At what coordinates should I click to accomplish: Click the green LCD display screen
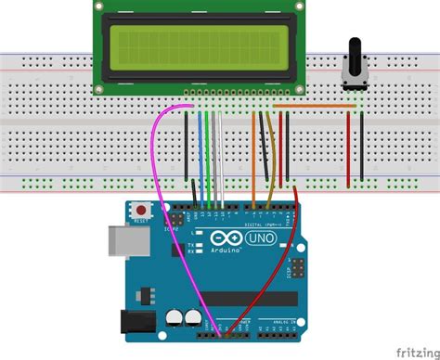[x=200, y=47]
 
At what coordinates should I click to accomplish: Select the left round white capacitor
[x=175, y=317]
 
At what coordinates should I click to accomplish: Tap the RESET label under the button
[x=142, y=222]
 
